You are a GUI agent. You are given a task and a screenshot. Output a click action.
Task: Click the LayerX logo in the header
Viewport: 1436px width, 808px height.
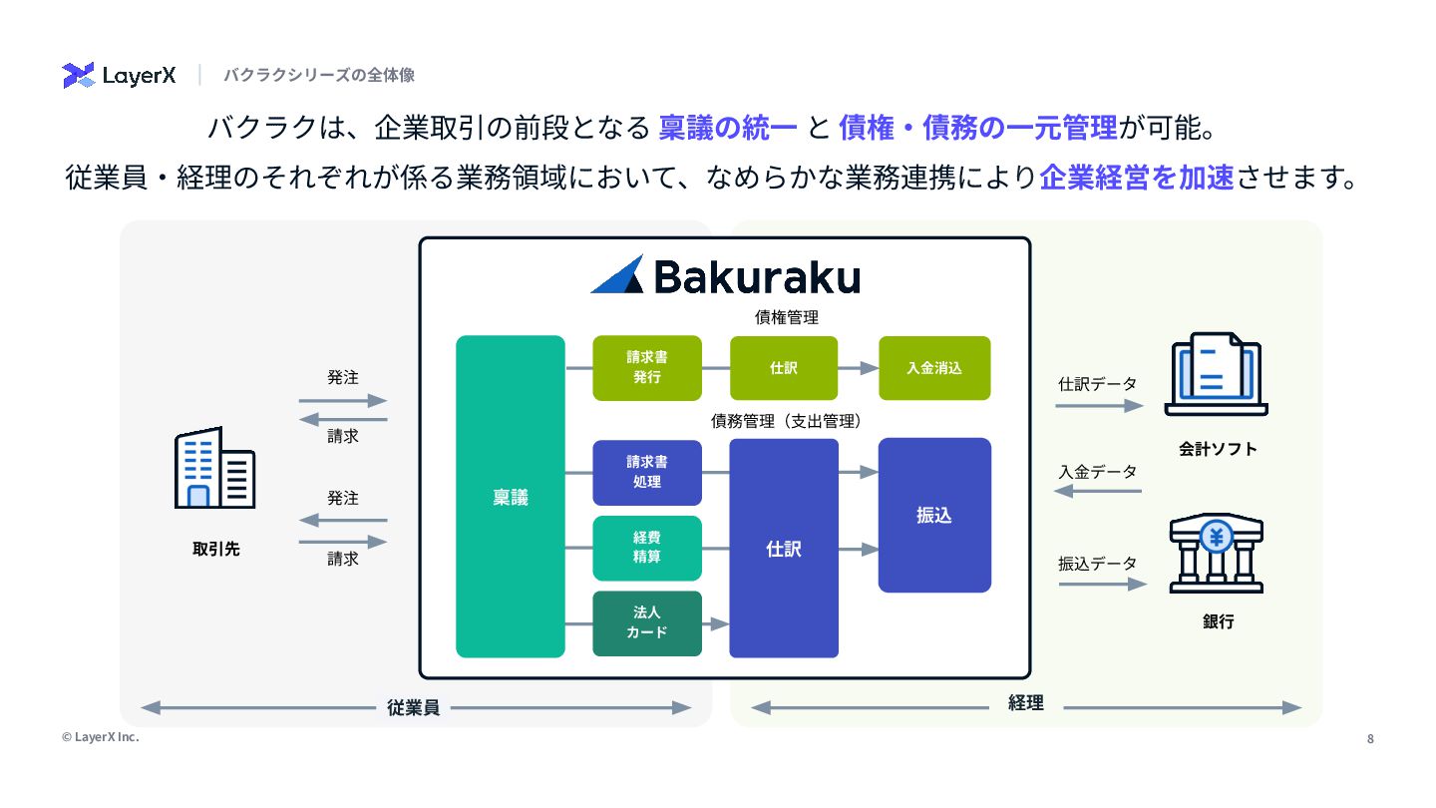tap(119, 75)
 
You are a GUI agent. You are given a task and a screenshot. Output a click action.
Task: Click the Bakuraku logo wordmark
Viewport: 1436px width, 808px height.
tap(725, 276)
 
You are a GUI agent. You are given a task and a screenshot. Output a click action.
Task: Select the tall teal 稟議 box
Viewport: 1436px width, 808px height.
tap(511, 497)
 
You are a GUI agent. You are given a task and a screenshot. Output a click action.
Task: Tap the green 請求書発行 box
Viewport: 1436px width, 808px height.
tap(647, 368)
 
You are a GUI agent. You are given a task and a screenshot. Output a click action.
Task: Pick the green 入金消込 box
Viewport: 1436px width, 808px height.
tap(934, 368)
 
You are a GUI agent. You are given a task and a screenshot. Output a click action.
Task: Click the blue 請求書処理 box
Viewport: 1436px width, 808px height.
tap(647, 472)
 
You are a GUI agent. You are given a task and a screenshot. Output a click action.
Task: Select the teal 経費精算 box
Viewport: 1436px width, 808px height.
tap(647, 548)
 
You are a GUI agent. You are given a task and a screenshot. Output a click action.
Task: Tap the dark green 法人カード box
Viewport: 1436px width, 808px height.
tap(647, 623)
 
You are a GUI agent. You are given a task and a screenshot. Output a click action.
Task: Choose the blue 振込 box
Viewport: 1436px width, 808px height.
tap(934, 515)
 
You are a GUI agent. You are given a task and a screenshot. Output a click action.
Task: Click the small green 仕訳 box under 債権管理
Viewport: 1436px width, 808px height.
tap(784, 368)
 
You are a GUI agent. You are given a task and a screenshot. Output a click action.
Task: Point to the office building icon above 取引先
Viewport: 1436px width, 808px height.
tap(214, 468)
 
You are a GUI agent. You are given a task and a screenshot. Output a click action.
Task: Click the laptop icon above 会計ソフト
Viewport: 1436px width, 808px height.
tap(1217, 374)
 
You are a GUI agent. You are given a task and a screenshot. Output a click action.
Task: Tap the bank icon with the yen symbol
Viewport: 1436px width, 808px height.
tap(1217, 554)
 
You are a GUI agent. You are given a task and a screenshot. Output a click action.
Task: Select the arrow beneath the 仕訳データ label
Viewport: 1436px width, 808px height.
tap(1099, 406)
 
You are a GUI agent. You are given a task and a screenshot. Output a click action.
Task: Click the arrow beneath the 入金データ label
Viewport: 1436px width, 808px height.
tap(1099, 492)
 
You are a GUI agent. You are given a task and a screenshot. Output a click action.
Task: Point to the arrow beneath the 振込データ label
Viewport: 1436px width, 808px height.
tap(1099, 584)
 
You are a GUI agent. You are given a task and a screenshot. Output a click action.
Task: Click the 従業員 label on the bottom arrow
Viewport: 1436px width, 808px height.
tap(414, 708)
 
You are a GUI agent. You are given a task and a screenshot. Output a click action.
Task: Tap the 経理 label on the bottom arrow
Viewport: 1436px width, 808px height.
tap(1025, 703)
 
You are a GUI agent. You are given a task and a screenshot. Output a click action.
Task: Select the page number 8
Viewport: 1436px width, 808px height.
tap(1370, 739)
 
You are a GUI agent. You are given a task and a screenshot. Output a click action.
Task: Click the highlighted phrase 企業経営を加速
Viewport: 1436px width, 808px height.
tap(1137, 179)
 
